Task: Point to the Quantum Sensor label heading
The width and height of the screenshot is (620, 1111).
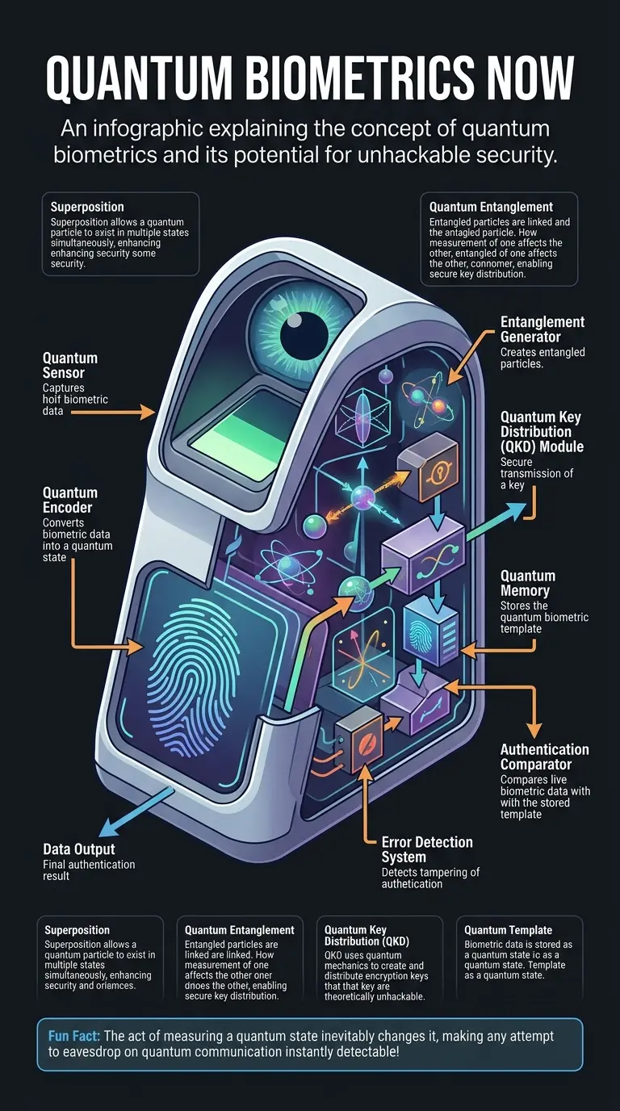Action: [x=70, y=365]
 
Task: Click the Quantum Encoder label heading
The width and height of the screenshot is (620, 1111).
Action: [x=70, y=500]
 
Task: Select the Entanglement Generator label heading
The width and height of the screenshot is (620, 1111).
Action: [x=542, y=329]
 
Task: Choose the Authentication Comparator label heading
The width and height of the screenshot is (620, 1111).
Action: [x=545, y=757]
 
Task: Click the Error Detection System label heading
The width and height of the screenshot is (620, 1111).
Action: [x=426, y=849]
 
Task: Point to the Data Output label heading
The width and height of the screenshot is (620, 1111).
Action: [x=79, y=849]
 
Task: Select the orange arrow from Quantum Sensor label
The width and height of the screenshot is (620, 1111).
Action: [x=113, y=412]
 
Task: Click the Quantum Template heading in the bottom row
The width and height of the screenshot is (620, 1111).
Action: [x=508, y=930]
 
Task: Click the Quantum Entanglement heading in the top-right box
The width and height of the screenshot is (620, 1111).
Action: [x=491, y=207]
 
